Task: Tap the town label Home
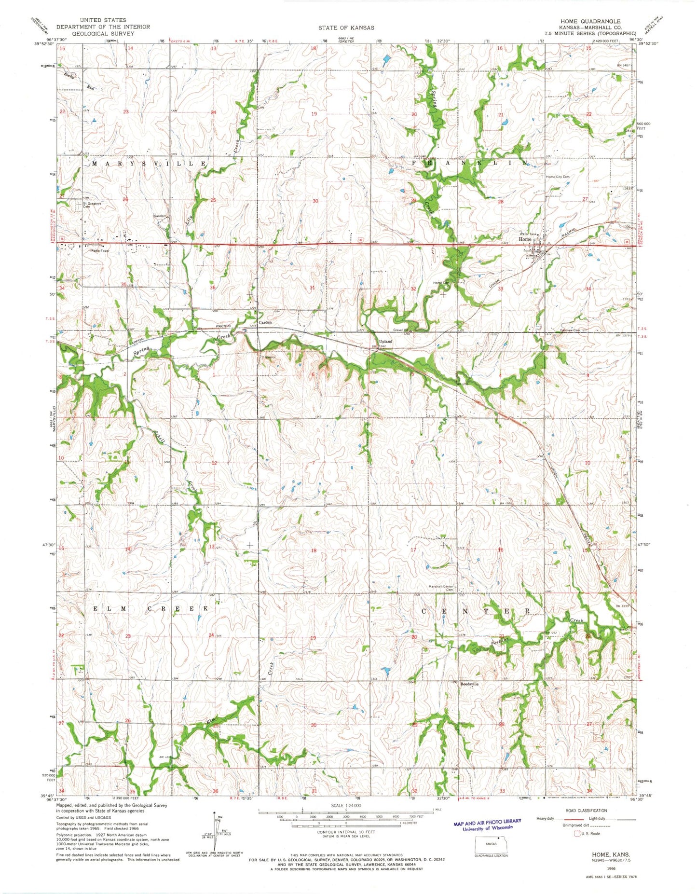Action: (x=525, y=239)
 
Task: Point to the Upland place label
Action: (x=385, y=341)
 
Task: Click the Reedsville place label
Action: (x=469, y=684)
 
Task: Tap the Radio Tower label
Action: (x=98, y=251)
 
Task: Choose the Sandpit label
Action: (x=159, y=217)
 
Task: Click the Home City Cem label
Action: (x=558, y=177)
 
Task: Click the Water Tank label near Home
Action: (x=528, y=234)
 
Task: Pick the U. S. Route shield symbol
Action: (x=577, y=833)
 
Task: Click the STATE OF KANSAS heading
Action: (x=346, y=28)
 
